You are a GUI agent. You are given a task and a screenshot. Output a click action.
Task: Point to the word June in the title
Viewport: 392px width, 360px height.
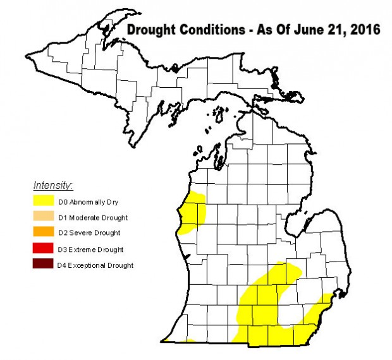pos(314,30)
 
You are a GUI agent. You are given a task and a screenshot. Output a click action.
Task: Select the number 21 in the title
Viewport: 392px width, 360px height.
pos(339,30)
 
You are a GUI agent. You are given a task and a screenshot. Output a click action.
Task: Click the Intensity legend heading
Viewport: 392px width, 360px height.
pos(53,186)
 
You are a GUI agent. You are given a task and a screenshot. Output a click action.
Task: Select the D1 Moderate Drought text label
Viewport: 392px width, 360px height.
pos(93,218)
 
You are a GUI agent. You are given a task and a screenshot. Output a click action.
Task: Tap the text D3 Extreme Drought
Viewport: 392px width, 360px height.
pos(90,249)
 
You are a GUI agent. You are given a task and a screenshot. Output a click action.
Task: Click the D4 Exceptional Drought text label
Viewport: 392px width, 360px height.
pos(95,265)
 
